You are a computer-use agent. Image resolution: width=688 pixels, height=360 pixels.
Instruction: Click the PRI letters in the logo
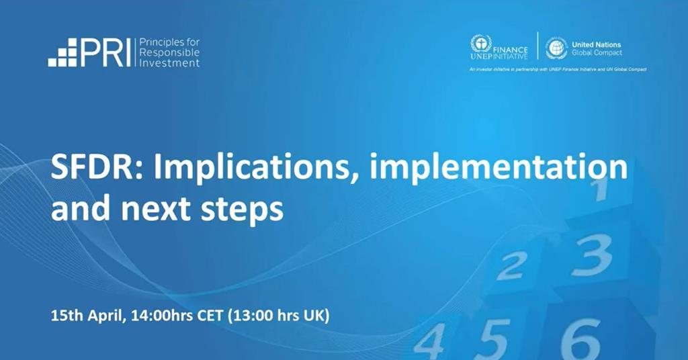tap(105, 53)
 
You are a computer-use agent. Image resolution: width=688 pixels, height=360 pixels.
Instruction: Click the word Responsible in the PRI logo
tap(169, 52)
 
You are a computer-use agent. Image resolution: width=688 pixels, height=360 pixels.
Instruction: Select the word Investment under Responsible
tap(169, 62)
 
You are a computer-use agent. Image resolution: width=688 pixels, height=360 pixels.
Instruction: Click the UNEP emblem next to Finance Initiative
tap(480, 45)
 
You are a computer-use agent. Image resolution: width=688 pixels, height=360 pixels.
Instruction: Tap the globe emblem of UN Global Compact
tap(556, 48)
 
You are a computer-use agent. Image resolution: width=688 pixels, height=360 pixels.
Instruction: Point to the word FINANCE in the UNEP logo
tap(513, 50)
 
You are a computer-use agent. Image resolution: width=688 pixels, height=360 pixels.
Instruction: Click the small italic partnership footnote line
tap(557, 69)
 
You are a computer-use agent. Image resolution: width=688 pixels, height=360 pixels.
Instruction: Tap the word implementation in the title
tap(498, 168)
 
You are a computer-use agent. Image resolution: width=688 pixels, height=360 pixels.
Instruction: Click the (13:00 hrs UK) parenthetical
tap(279, 315)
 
